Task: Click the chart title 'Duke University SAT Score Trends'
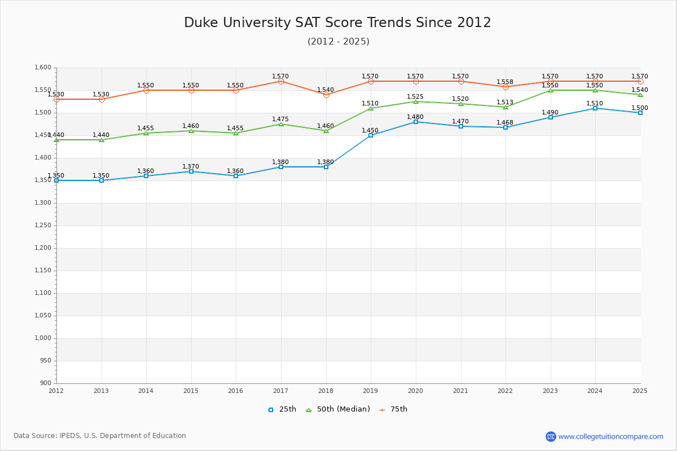pyautogui.click(x=337, y=23)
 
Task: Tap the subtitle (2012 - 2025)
pyautogui.click(x=338, y=42)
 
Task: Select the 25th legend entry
pyautogui.click(x=282, y=409)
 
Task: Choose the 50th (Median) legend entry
pyautogui.click(x=338, y=409)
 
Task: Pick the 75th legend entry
pyautogui.click(x=393, y=409)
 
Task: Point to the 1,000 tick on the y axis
pyautogui.click(x=43, y=338)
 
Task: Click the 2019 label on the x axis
pyautogui.click(x=371, y=391)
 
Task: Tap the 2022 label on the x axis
pyautogui.click(x=505, y=391)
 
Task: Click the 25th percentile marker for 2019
pyautogui.click(x=371, y=135)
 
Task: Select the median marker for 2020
pyautogui.click(x=416, y=101)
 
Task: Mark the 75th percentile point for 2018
pyautogui.click(x=326, y=95)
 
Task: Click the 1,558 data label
pyautogui.click(x=505, y=82)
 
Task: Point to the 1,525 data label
pyautogui.click(x=415, y=97)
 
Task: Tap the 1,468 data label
pyautogui.click(x=505, y=123)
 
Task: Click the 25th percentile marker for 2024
pyautogui.click(x=595, y=108)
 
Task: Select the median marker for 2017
pyautogui.click(x=281, y=124)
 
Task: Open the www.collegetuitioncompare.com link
pyautogui.click(x=610, y=436)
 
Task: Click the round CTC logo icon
pyautogui.click(x=551, y=436)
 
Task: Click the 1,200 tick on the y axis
pyautogui.click(x=43, y=248)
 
